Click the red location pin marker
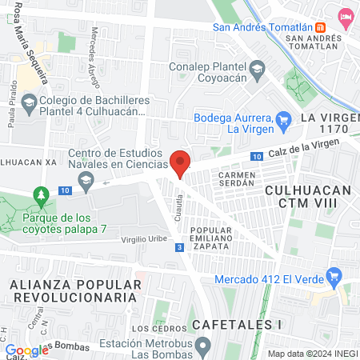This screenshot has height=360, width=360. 180,162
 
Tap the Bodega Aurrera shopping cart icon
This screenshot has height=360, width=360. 283,121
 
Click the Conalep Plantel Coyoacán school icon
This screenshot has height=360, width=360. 256,69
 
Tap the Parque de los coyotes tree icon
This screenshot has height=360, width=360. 39,195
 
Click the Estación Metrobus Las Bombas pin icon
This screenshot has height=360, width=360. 204,346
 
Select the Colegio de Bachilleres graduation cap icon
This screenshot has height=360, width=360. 29,103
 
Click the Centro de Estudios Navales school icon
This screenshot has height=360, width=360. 87,183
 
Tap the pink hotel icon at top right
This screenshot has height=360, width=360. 346,16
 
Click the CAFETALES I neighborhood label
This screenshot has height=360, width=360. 238,325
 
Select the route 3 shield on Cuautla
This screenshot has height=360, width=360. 178,248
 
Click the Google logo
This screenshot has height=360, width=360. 27,350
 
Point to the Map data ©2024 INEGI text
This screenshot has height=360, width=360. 312,354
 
